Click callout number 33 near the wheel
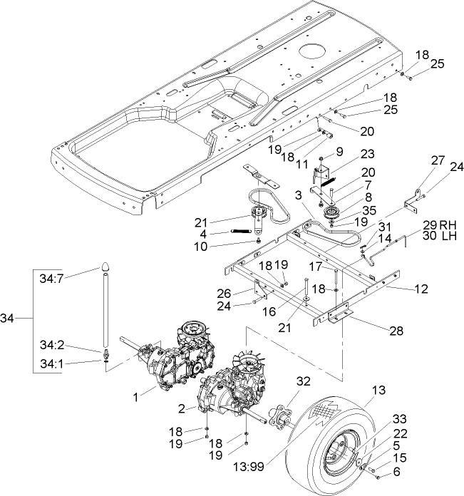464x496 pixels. (x=419, y=420)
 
